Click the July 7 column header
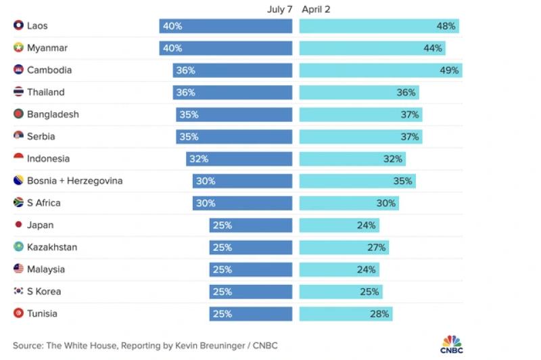(279, 9)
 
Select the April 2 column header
(316, 9)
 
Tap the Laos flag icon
(19, 25)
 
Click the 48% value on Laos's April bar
(446, 26)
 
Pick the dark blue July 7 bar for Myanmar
(226, 48)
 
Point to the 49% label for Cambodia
(449, 70)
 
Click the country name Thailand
(46, 92)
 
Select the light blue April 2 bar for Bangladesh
(360, 114)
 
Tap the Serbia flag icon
(19, 135)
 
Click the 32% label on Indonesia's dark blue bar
(199, 159)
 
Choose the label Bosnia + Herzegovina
(75, 181)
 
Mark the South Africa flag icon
(19, 202)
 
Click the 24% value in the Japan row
(366, 225)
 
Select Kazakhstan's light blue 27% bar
(344, 248)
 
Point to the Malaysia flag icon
(19, 269)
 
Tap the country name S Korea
(44, 291)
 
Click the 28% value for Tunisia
(379, 314)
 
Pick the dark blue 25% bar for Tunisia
(250, 314)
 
